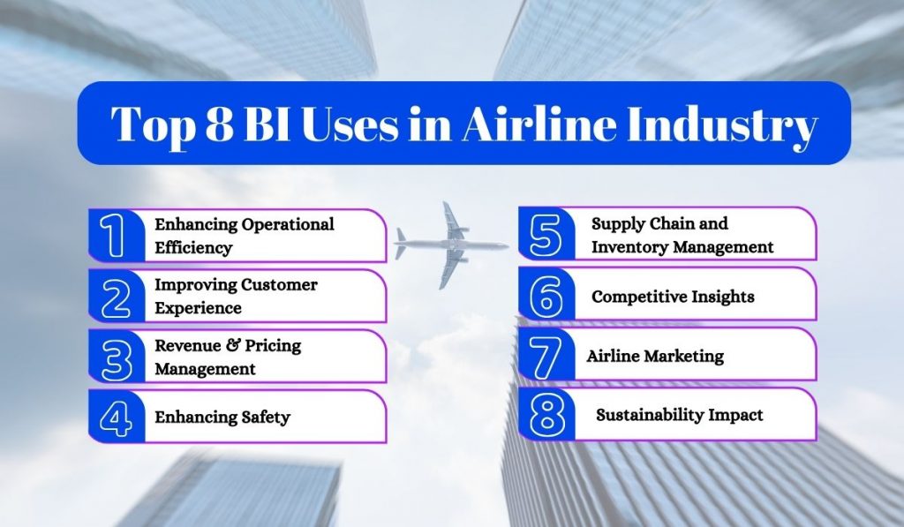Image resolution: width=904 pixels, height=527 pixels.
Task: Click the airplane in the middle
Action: (x=451, y=245)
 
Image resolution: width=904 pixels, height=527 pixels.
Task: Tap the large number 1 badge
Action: (x=116, y=236)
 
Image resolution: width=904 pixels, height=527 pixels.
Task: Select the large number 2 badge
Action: (x=116, y=297)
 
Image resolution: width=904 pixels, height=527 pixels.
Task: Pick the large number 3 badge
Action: (x=116, y=356)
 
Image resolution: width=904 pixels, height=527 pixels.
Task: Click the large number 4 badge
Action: (x=116, y=417)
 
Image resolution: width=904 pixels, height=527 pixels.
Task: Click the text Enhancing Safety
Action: (x=222, y=417)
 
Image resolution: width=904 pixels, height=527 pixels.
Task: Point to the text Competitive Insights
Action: (x=673, y=297)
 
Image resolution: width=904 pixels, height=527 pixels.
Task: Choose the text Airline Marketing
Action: (x=655, y=356)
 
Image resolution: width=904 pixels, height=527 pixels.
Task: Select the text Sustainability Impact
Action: (x=679, y=414)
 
